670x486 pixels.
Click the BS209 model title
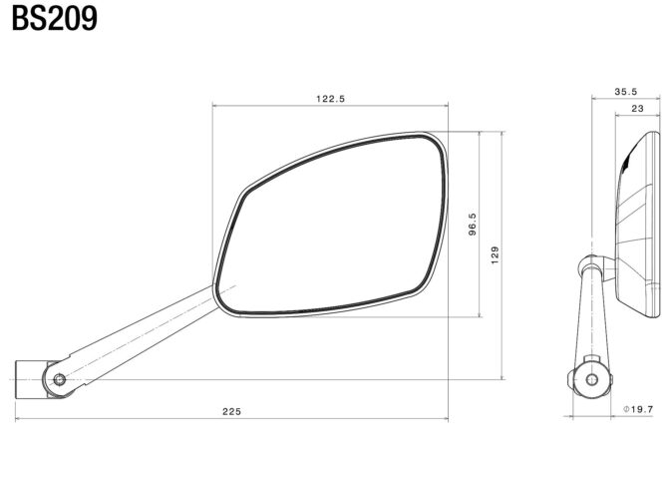[54, 19]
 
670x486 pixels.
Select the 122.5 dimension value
[330, 99]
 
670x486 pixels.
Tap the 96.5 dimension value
[473, 225]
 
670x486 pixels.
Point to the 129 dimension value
[495, 255]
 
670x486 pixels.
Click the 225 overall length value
[231, 411]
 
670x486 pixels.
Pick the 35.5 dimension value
[625, 92]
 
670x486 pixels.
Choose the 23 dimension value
[637, 109]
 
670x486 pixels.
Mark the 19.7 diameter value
[642, 409]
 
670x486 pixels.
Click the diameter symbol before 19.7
[626, 409]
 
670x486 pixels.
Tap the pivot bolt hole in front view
[60, 379]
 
